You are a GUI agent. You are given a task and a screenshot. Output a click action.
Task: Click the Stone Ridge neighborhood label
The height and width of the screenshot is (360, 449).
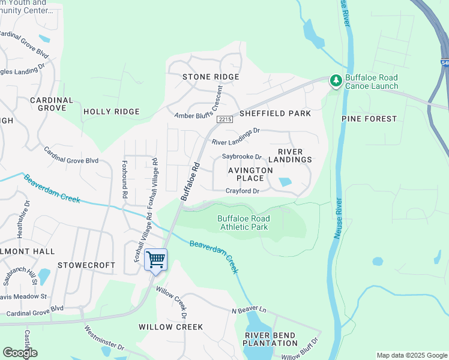tap(211, 77)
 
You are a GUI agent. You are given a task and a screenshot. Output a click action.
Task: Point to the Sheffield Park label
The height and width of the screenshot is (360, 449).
tap(275, 113)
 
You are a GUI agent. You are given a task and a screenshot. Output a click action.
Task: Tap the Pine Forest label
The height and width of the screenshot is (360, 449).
tap(369, 119)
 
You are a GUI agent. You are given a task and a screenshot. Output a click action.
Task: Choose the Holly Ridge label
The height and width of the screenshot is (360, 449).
tap(111, 112)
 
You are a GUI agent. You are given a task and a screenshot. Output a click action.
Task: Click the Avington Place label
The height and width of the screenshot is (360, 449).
tap(250, 175)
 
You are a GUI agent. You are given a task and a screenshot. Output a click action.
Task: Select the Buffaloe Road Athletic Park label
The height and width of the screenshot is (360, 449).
tap(243, 223)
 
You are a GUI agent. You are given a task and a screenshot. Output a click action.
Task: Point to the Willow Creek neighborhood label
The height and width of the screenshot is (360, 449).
tap(170, 327)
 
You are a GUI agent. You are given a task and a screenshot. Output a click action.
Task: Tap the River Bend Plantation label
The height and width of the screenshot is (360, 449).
tap(271, 339)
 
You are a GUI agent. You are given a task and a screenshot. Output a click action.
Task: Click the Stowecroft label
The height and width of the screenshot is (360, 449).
tap(86, 265)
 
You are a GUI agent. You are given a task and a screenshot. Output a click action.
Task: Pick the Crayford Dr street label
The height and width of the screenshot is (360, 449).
tap(242, 191)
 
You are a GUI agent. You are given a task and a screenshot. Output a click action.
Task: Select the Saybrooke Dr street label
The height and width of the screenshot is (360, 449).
tap(242, 157)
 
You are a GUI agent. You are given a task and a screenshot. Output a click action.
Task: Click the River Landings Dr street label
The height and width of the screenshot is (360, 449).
tap(235, 142)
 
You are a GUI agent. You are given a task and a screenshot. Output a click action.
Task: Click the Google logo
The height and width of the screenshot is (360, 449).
tap(20, 353)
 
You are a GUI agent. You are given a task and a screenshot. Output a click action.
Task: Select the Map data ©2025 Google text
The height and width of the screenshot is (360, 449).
tap(411, 355)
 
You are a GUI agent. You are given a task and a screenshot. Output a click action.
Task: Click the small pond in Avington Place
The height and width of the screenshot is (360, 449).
tap(285, 182)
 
